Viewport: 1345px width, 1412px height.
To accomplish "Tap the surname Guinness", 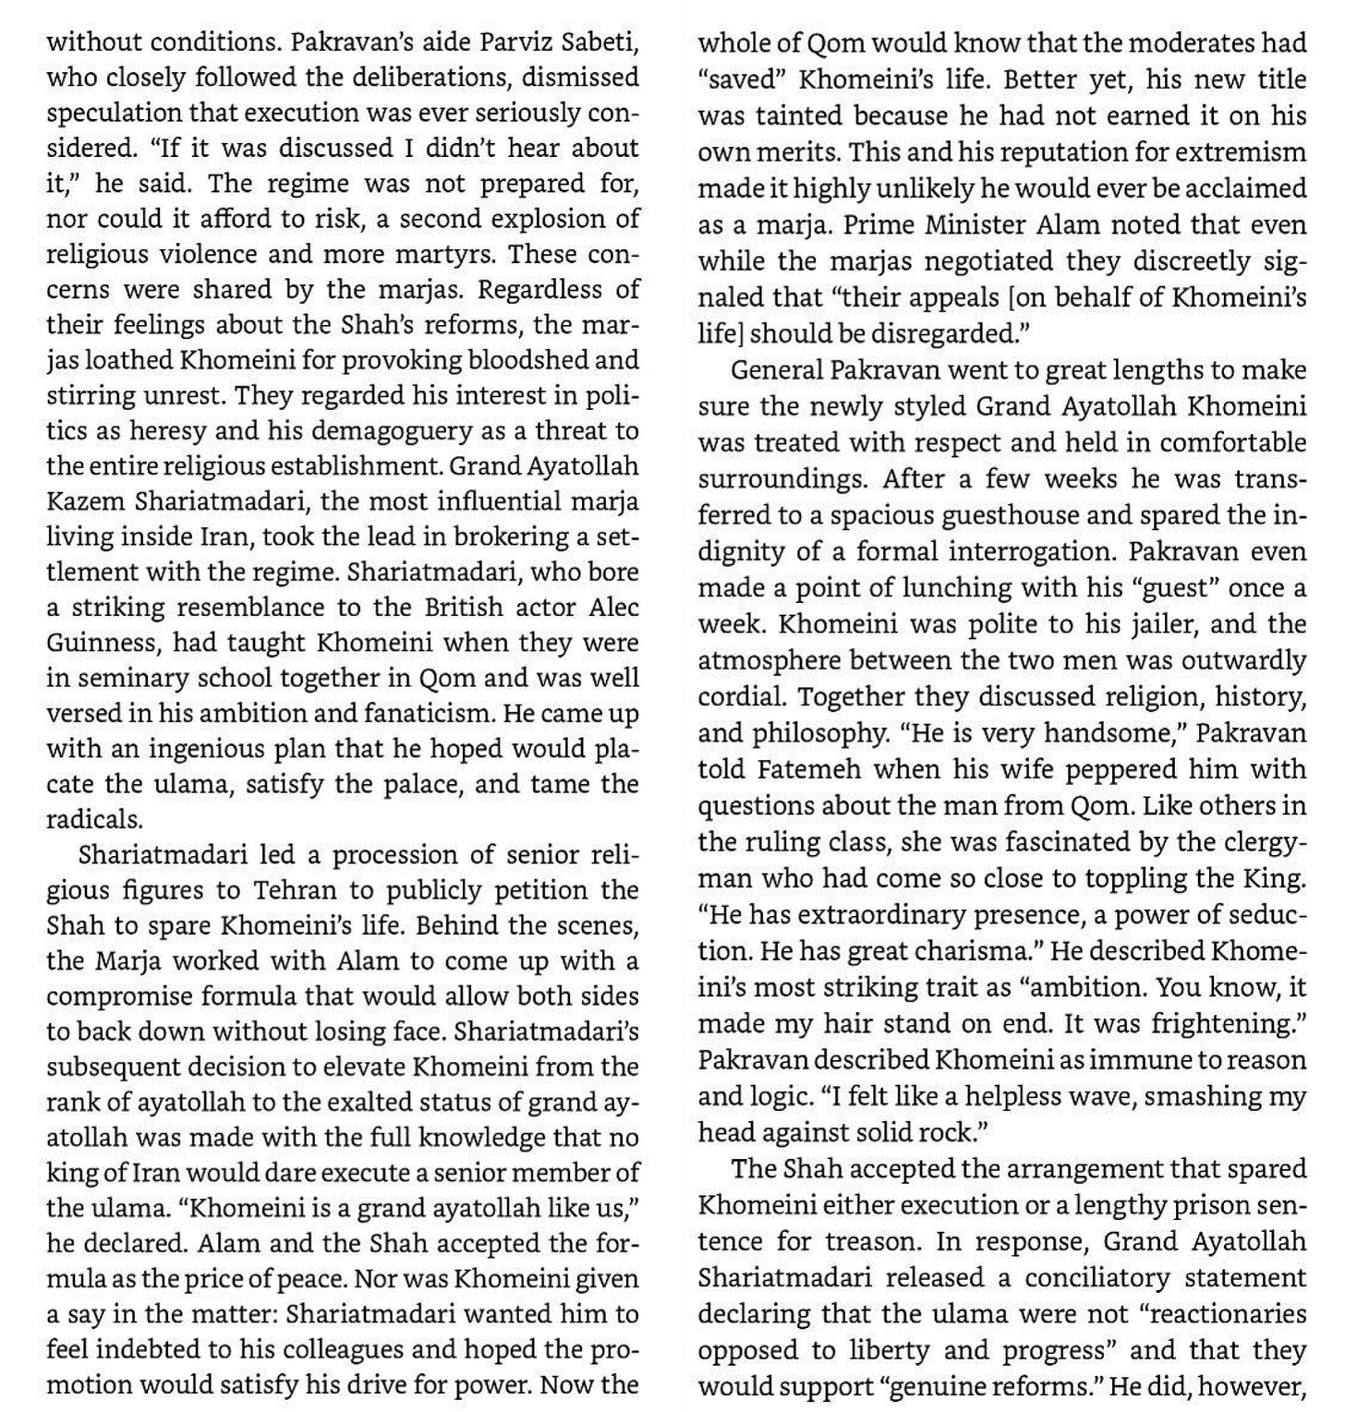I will (x=102, y=642).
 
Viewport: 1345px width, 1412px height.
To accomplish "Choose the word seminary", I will (x=125, y=678).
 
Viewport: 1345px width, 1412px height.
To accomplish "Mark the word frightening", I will (x=1224, y=1023).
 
